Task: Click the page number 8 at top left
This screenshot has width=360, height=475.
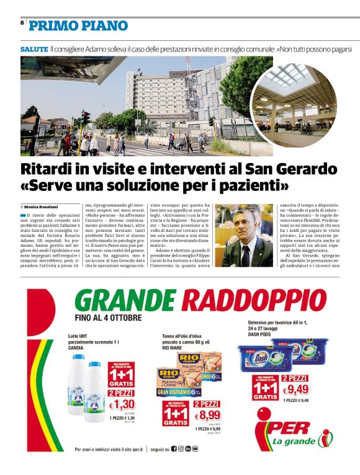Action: (x=22, y=23)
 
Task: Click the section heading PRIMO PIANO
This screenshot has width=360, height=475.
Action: (x=78, y=26)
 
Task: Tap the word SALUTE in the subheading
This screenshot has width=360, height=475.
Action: (x=34, y=48)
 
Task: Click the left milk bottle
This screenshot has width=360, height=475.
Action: (x=79, y=393)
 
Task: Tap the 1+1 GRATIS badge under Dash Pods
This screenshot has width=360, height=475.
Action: (x=265, y=389)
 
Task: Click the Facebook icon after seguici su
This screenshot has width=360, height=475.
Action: (x=174, y=449)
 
